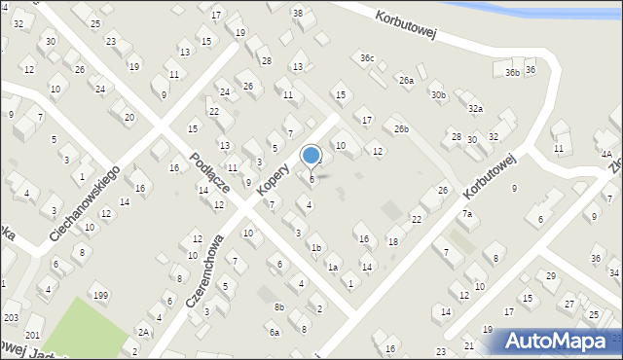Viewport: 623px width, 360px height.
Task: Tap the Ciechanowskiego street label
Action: (x=85, y=202)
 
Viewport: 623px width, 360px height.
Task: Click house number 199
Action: (x=99, y=295)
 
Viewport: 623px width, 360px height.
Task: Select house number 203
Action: (x=11, y=318)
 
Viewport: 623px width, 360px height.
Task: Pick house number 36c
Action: (x=366, y=58)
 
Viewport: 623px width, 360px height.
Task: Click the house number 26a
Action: (x=406, y=80)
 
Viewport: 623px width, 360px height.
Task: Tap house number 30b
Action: (x=439, y=94)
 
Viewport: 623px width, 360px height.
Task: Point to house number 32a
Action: (x=475, y=109)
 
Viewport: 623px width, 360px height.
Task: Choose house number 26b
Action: (x=401, y=128)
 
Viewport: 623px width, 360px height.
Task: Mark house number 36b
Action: (x=512, y=72)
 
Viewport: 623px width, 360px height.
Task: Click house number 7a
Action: (x=467, y=214)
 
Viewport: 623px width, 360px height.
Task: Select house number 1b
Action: (x=315, y=247)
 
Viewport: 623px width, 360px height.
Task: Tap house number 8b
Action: (x=279, y=307)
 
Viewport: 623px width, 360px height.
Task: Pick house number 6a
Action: (x=275, y=332)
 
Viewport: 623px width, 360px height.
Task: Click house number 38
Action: (x=297, y=13)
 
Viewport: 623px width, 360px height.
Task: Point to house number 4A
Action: (x=605, y=154)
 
